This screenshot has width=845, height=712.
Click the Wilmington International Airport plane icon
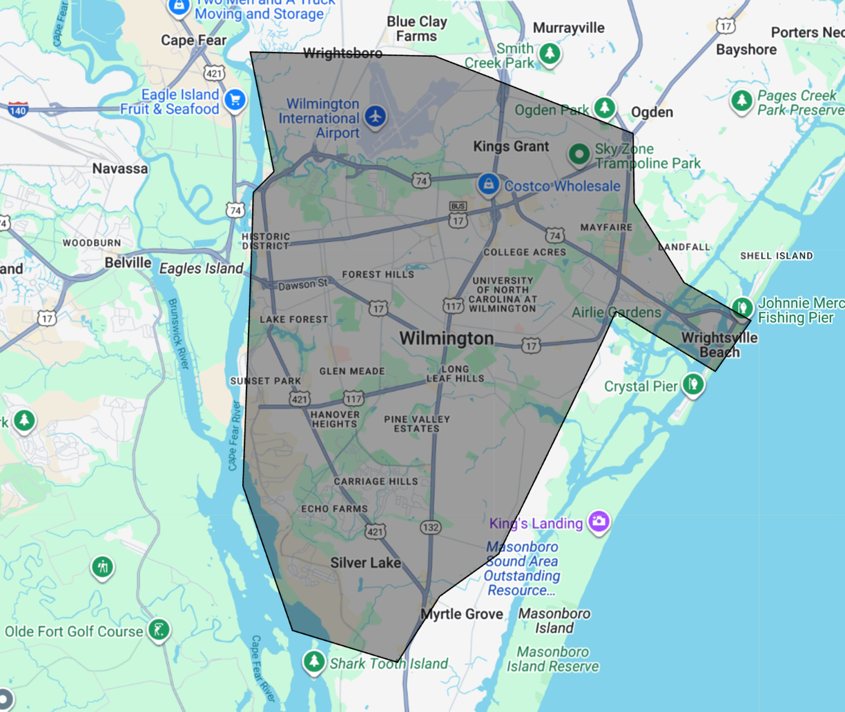pos(375,116)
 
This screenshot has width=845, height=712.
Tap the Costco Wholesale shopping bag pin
pos(489,184)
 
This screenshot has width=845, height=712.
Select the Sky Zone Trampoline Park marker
pos(579,154)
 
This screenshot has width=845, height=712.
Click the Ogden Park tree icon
pos(605,107)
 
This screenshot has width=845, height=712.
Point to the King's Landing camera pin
pos(599,521)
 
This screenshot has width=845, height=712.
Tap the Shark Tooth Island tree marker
pos(314,662)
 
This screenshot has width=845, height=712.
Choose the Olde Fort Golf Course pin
pos(159,629)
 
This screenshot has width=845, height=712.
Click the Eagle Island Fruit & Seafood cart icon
pos(235,100)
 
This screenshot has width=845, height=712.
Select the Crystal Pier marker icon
pos(693,384)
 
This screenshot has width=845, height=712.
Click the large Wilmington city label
pos(447,338)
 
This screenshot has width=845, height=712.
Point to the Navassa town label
pos(120,168)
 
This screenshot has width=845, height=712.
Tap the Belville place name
pos(128,263)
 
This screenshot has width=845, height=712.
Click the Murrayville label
pos(568,28)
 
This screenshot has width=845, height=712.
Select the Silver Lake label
pos(365,563)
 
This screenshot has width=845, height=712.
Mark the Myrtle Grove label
pos(462,614)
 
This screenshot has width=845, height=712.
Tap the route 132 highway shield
pos(430,527)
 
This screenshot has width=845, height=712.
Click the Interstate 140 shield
pos(17,109)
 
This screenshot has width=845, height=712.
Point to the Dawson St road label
pos(302,284)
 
